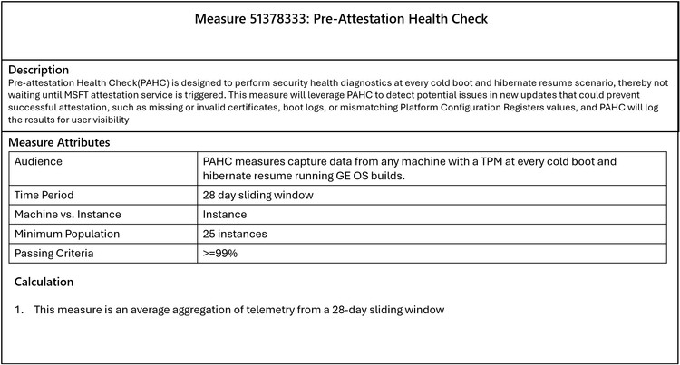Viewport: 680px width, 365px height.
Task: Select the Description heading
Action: point(37,70)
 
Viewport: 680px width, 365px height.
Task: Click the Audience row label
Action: point(40,161)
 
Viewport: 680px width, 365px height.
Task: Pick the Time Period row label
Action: point(44,195)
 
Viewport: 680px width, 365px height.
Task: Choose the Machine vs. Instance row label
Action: point(68,215)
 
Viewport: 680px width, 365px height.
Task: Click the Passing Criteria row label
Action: point(54,254)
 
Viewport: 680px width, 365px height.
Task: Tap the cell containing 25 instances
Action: point(234,234)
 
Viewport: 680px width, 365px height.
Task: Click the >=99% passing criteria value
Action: point(220,254)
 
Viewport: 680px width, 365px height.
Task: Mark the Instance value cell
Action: point(225,215)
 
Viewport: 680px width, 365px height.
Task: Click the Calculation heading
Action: point(44,282)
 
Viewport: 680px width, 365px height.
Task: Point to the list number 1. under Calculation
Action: point(19,310)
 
